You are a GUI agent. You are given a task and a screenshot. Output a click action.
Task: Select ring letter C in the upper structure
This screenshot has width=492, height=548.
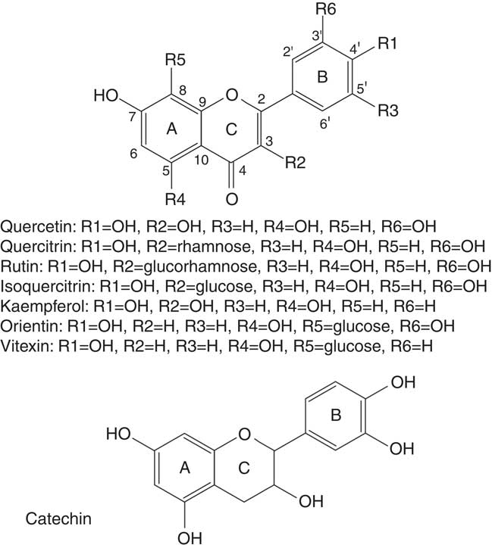point(233,129)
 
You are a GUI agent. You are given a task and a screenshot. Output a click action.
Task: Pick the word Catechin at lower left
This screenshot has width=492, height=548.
point(53,519)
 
